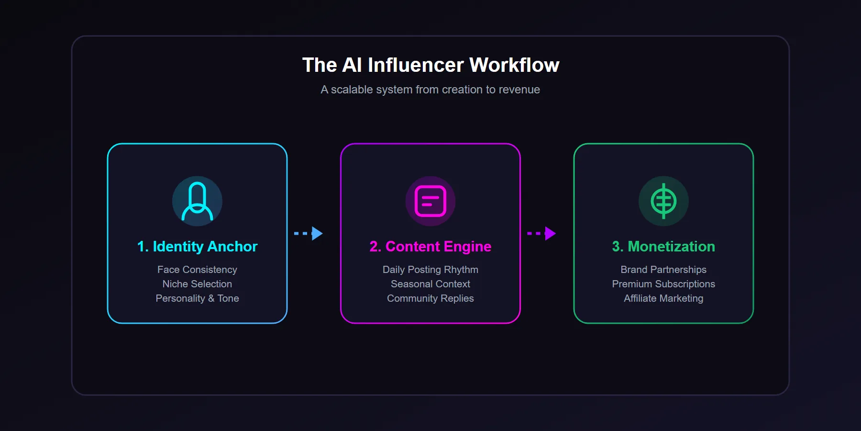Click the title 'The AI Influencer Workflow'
(430, 65)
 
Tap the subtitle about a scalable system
(430, 90)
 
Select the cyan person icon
(197, 201)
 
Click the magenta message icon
(430, 201)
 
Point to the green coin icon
(663, 201)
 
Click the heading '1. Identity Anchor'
(197, 247)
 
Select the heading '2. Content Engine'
(430, 247)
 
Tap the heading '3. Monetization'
(663, 247)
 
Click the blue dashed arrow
(309, 234)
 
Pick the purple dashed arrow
(541, 234)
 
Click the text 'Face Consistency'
(197, 270)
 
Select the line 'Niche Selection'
(197, 284)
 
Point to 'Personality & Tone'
(197, 298)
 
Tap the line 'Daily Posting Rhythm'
(430, 270)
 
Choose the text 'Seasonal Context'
(430, 284)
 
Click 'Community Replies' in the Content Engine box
(430, 298)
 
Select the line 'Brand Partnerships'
(663, 270)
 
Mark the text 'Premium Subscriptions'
(663, 284)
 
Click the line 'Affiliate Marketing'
(663, 298)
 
